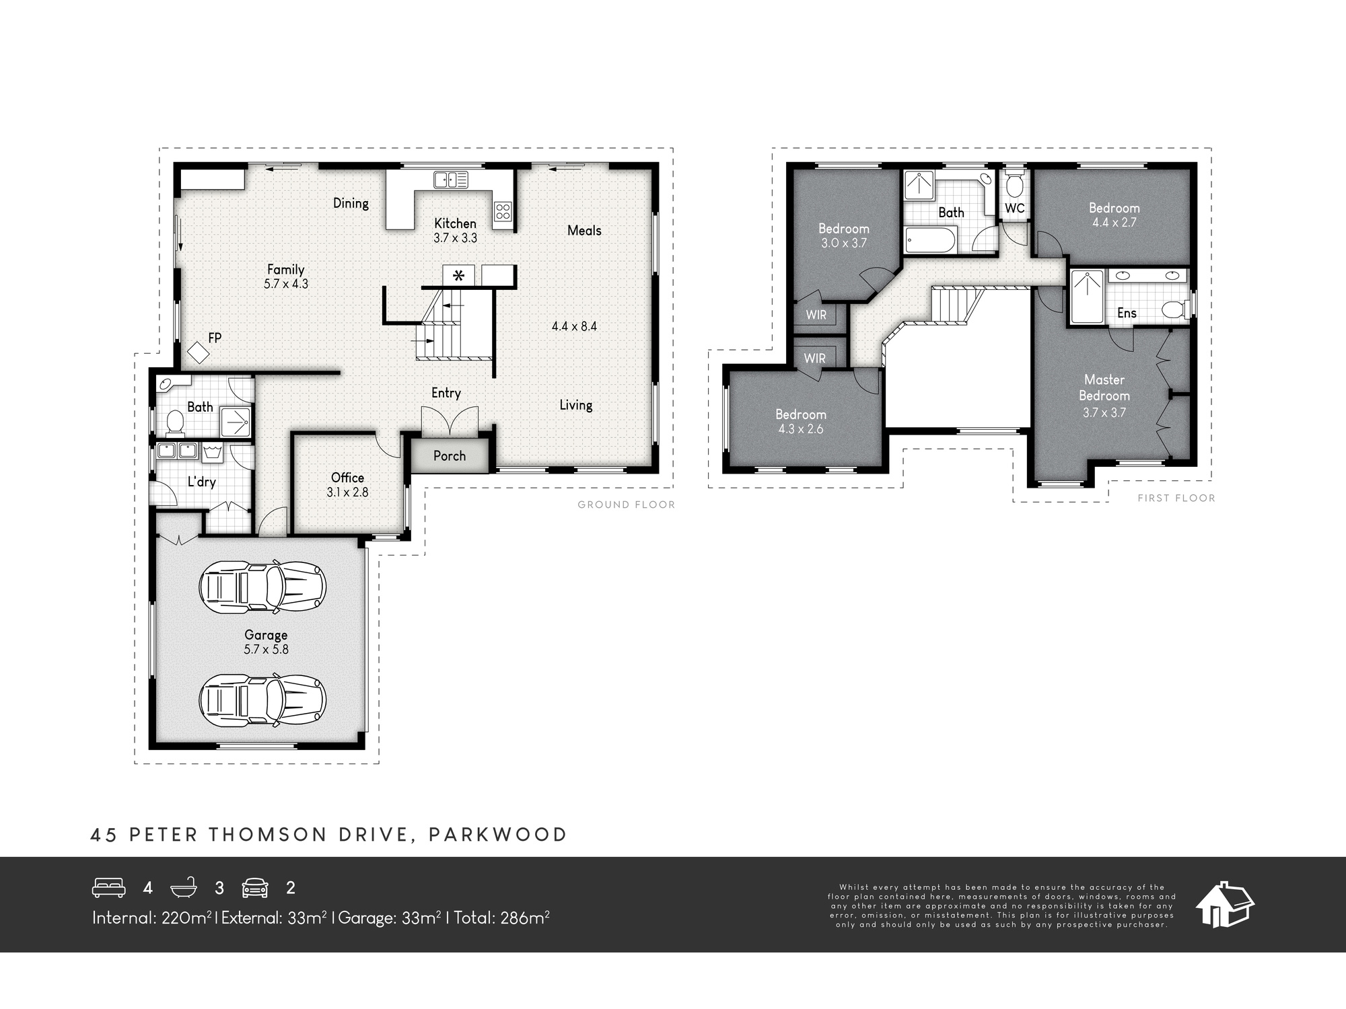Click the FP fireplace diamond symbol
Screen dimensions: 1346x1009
coord(198,351)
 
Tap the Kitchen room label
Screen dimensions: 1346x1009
coord(455,223)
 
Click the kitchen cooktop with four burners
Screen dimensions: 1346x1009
coord(503,212)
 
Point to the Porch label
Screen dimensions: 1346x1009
coord(450,456)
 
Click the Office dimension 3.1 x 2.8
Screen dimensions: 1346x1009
coord(347,492)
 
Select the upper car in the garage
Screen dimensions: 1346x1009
coord(262,587)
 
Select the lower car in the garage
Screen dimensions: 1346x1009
coord(262,700)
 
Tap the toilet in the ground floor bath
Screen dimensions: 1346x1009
coord(174,421)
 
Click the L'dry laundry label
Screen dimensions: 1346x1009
coord(201,482)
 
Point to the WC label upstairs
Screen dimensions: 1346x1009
coord(1015,209)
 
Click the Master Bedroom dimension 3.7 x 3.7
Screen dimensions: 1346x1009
coord(1104,413)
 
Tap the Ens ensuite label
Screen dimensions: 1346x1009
coord(1127,313)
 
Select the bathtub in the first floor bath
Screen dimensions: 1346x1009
coord(930,240)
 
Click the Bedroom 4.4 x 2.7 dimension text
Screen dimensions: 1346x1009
coord(1114,223)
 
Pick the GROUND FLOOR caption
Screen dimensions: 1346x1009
coord(626,504)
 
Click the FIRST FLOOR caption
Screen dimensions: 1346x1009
coord(1176,498)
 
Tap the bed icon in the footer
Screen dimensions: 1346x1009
coord(109,888)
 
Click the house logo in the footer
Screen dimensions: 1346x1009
coord(1225,904)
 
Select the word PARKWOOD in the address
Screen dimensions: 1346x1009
coord(498,835)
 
